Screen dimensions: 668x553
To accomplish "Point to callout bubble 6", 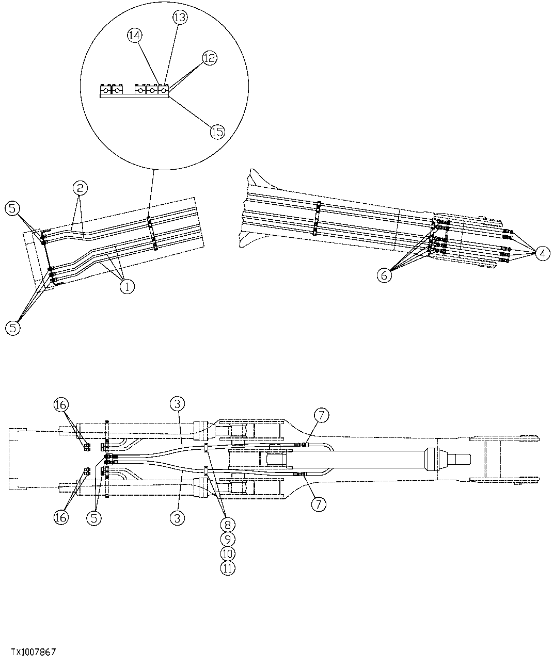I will point(384,275).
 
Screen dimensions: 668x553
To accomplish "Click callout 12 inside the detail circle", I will point(210,58).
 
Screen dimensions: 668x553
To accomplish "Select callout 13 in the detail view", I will point(180,18).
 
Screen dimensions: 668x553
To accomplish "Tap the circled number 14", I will point(134,35).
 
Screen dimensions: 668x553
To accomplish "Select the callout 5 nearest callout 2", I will point(13,209).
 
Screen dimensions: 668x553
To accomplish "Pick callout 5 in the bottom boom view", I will point(94,517).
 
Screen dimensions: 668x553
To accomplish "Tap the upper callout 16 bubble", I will point(61,405).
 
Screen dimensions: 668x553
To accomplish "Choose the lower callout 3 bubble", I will point(177,517).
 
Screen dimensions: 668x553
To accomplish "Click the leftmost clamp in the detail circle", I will point(105,91).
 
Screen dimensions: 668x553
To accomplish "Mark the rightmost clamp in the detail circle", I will point(163,91).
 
